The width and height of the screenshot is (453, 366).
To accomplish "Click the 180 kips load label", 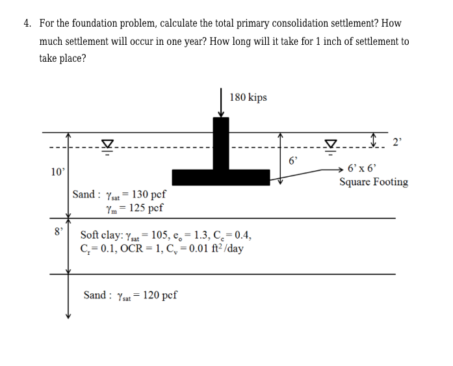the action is coord(248,98).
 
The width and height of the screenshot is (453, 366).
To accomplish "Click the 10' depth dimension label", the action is coord(58,172).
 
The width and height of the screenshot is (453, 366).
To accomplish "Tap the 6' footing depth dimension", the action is coord(292,159).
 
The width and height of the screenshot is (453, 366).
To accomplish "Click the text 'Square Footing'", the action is coord(374,182).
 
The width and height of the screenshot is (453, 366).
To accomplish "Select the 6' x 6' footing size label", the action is coord(362,168).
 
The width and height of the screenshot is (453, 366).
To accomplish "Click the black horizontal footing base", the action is coord(220,177).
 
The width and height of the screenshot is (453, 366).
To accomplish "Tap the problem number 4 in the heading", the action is coord(27,23).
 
